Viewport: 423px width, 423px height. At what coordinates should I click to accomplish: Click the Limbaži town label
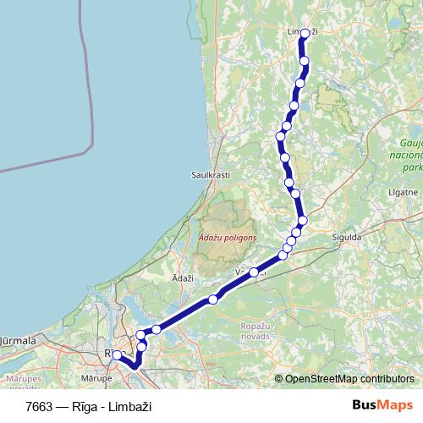coord(302,32)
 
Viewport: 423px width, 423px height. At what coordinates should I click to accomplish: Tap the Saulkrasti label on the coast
coord(211,174)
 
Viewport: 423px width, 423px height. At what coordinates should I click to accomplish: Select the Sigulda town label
coord(347,239)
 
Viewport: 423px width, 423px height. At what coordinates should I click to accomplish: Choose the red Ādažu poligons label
coord(226,239)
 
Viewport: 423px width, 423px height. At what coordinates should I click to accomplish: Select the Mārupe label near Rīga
coord(97,378)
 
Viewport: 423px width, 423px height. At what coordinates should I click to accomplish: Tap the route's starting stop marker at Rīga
coord(118,355)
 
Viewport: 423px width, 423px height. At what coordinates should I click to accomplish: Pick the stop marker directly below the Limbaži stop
coord(305,61)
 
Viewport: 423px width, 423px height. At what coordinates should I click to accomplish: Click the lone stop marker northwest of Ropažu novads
coord(213,299)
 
